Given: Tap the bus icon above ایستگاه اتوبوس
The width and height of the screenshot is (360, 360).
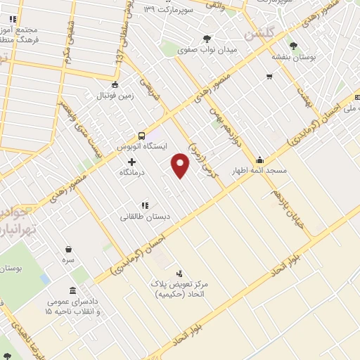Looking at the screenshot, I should [141, 135].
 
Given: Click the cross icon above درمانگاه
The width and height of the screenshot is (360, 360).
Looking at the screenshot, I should [131, 162].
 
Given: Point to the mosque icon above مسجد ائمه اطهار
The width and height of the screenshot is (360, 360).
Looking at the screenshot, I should [259, 160].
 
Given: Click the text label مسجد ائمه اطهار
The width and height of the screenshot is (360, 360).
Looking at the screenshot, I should [259, 171].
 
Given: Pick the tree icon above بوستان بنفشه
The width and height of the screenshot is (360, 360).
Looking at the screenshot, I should [293, 45].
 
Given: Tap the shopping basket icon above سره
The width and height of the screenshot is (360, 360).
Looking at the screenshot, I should [68, 249].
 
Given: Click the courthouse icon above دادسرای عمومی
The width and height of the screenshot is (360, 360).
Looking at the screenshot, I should [72, 291].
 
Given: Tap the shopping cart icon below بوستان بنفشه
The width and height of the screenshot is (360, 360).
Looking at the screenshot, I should [269, 77].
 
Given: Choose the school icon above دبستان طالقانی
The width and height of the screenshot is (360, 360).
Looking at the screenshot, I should [144, 205].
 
